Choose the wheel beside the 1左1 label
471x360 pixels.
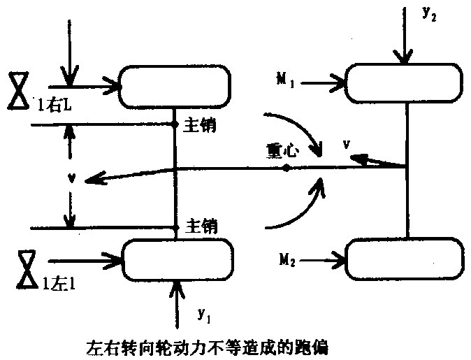click(x=177, y=260)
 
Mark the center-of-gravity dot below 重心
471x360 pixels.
click(x=287, y=168)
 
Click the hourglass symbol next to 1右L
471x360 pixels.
click(x=19, y=89)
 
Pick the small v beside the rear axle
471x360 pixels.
click(x=347, y=145)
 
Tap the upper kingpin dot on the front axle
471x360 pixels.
click(x=175, y=125)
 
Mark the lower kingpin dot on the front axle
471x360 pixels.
click(x=175, y=227)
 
